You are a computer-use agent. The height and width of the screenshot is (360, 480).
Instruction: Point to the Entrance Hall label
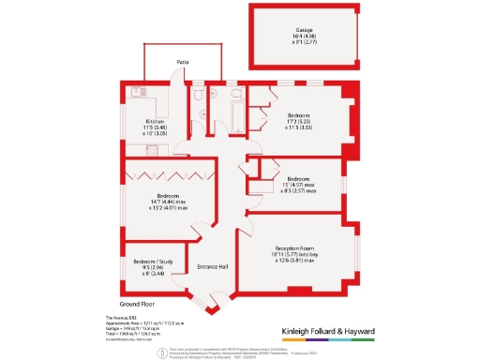coord(213,266)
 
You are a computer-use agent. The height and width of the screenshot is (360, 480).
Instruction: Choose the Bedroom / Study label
coord(152,261)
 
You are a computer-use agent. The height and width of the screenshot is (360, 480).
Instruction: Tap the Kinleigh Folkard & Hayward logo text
coord(328,332)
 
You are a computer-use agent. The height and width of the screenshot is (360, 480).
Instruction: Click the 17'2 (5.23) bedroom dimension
coord(303,121)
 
